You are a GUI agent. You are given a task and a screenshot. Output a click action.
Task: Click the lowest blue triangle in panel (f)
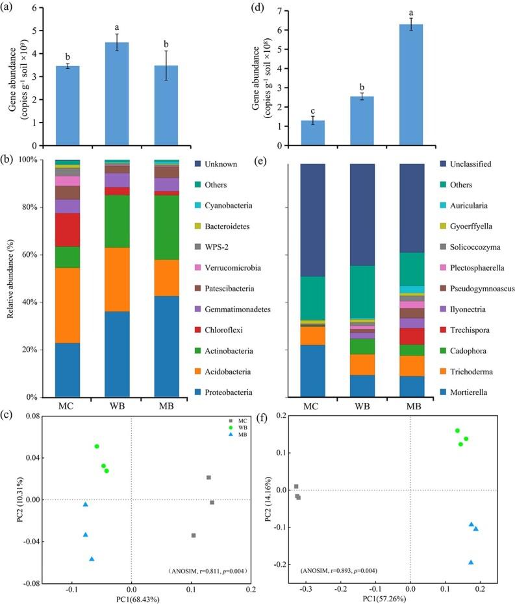[470, 562]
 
